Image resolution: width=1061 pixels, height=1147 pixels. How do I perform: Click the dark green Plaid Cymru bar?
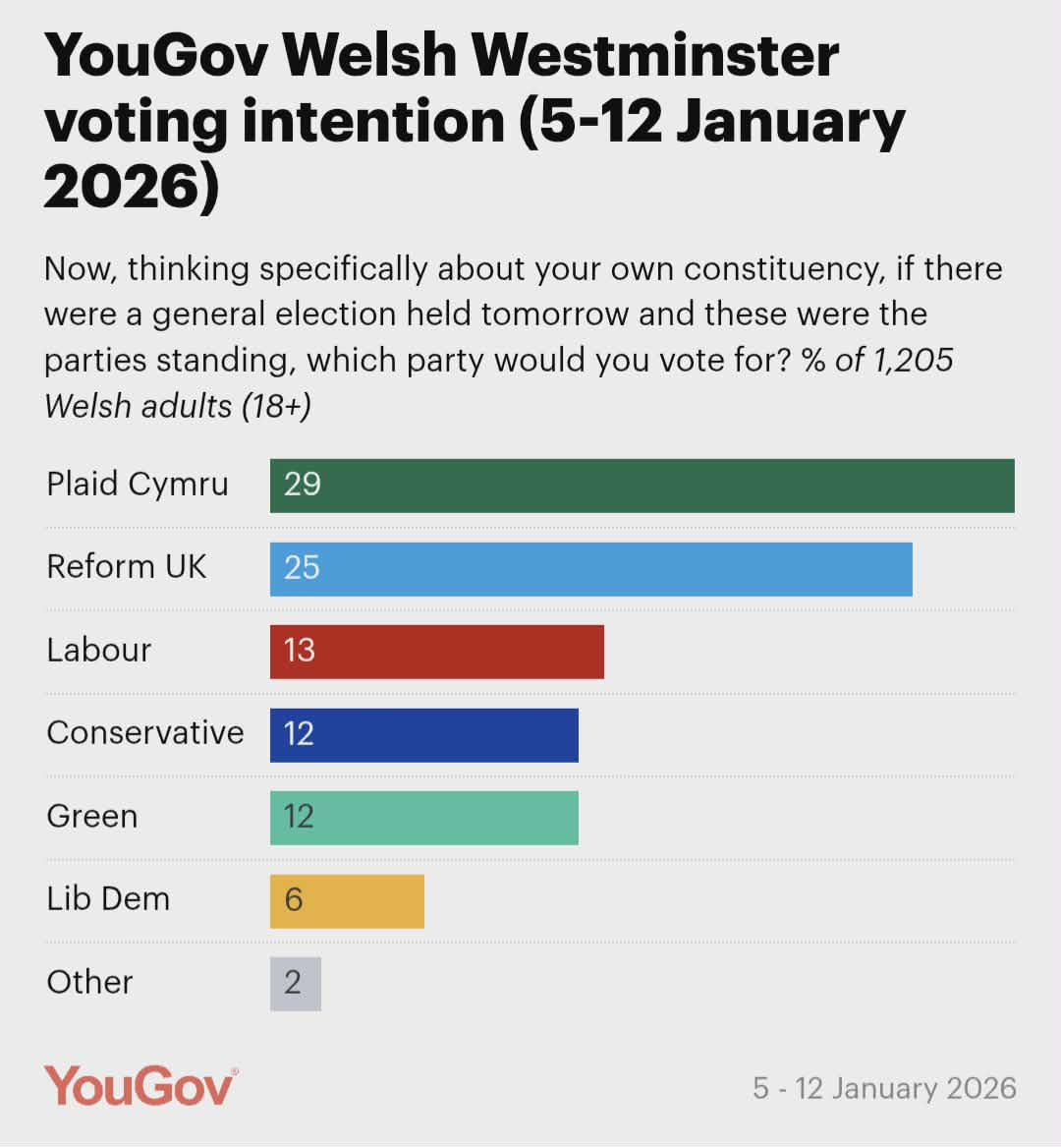coord(642,486)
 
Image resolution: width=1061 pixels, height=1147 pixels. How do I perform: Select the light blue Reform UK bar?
coord(591,568)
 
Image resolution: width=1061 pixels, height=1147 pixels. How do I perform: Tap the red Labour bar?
coord(437,651)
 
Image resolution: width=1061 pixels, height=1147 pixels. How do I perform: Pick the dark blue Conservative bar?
coord(424,734)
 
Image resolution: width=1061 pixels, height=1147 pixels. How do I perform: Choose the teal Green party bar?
coord(424,817)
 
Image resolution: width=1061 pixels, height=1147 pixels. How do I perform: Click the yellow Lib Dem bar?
coord(347,900)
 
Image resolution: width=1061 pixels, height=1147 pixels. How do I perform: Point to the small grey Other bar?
coord(296,983)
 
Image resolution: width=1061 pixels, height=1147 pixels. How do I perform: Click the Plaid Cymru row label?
coord(138,485)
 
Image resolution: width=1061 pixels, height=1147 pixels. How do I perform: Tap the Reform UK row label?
coord(127,567)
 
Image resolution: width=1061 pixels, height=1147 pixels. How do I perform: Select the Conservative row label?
coord(145,733)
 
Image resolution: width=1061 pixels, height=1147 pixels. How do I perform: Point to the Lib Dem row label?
coord(108,899)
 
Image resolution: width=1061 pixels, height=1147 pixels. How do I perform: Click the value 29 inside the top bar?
coord(303,485)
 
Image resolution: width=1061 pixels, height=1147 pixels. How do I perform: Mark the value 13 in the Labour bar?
coord(300,651)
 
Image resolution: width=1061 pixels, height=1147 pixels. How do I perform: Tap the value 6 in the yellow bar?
coord(294,900)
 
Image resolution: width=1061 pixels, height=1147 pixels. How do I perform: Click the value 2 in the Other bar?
coord(293,983)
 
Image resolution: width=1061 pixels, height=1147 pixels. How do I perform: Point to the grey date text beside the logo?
coord(884,1088)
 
